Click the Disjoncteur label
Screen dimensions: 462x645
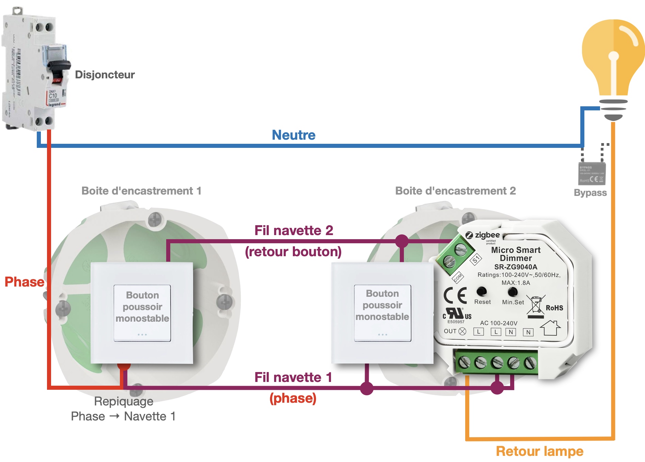click(x=105, y=75)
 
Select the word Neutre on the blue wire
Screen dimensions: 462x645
click(x=294, y=135)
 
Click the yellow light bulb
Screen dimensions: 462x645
click(x=613, y=58)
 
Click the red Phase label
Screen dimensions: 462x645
click(x=24, y=282)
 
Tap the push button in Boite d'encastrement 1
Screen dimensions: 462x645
click(x=142, y=313)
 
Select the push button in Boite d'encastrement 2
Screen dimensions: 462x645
click(x=382, y=313)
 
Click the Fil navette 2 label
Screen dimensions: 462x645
click(x=294, y=231)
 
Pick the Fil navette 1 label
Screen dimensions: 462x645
click(x=293, y=378)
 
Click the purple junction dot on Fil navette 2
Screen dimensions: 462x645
click(x=402, y=241)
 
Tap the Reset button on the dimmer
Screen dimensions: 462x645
click(x=482, y=291)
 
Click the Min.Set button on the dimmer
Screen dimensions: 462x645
click(x=513, y=292)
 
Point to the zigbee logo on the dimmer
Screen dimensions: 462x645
click(x=483, y=235)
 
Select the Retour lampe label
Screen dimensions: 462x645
click(x=539, y=451)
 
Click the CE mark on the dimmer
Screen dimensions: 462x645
click(x=455, y=295)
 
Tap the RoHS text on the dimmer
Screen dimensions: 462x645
click(x=554, y=308)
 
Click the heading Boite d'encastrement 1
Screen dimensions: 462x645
click(x=141, y=191)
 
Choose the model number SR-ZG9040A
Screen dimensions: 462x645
click(x=516, y=267)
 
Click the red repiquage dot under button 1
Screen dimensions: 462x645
click(x=124, y=366)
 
